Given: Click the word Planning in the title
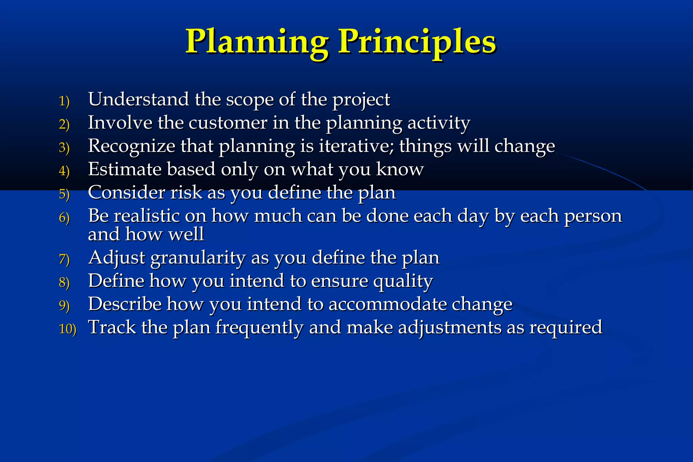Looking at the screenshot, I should (x=257, y=42).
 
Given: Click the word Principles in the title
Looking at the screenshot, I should (x=418, y=42).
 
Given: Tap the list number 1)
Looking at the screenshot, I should (x=64, y=101).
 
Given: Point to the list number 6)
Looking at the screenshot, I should (x=64, y=218).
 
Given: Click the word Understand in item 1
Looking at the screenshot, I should (x=138, y=100).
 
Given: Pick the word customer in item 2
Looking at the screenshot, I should (x=228, y=123).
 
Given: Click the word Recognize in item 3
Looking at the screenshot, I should (x=131, y=147).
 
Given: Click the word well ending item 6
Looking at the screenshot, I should (x=186, y=234).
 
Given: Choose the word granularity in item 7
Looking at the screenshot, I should (x=198, y=258).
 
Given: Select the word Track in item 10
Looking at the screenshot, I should (x=112, y=327).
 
